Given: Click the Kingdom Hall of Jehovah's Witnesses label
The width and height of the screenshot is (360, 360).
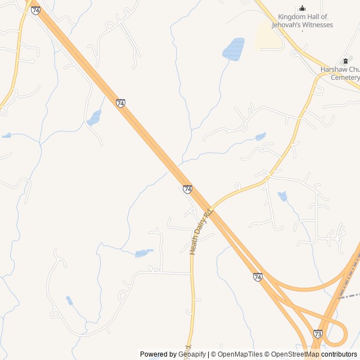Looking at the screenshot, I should [302, 21].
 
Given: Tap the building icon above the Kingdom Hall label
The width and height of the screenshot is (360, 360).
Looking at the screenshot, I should [302, 8].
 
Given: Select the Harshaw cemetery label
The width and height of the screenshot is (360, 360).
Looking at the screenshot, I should [340, 73].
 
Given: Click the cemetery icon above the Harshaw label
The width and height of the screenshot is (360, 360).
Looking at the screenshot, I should [345, 61].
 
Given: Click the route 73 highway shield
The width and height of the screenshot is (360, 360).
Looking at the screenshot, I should [318, 334].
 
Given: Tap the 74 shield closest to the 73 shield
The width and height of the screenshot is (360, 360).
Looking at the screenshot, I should [257, 277].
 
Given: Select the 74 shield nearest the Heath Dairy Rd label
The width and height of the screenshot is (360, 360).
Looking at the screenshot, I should [187, 189].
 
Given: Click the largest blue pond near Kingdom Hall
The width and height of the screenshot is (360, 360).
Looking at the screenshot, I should [233, 49].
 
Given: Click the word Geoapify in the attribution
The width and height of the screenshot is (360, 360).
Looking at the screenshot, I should [192, 354].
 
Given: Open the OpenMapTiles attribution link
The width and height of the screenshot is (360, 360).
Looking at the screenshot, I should [240, 354].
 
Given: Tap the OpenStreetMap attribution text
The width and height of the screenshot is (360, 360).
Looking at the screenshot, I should [292, 354].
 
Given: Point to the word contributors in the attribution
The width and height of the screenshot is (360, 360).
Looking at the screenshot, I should [339, 354].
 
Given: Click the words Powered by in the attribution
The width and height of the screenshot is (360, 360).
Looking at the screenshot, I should [158, 354].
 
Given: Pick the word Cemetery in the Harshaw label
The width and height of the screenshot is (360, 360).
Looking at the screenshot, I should [345, 77].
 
